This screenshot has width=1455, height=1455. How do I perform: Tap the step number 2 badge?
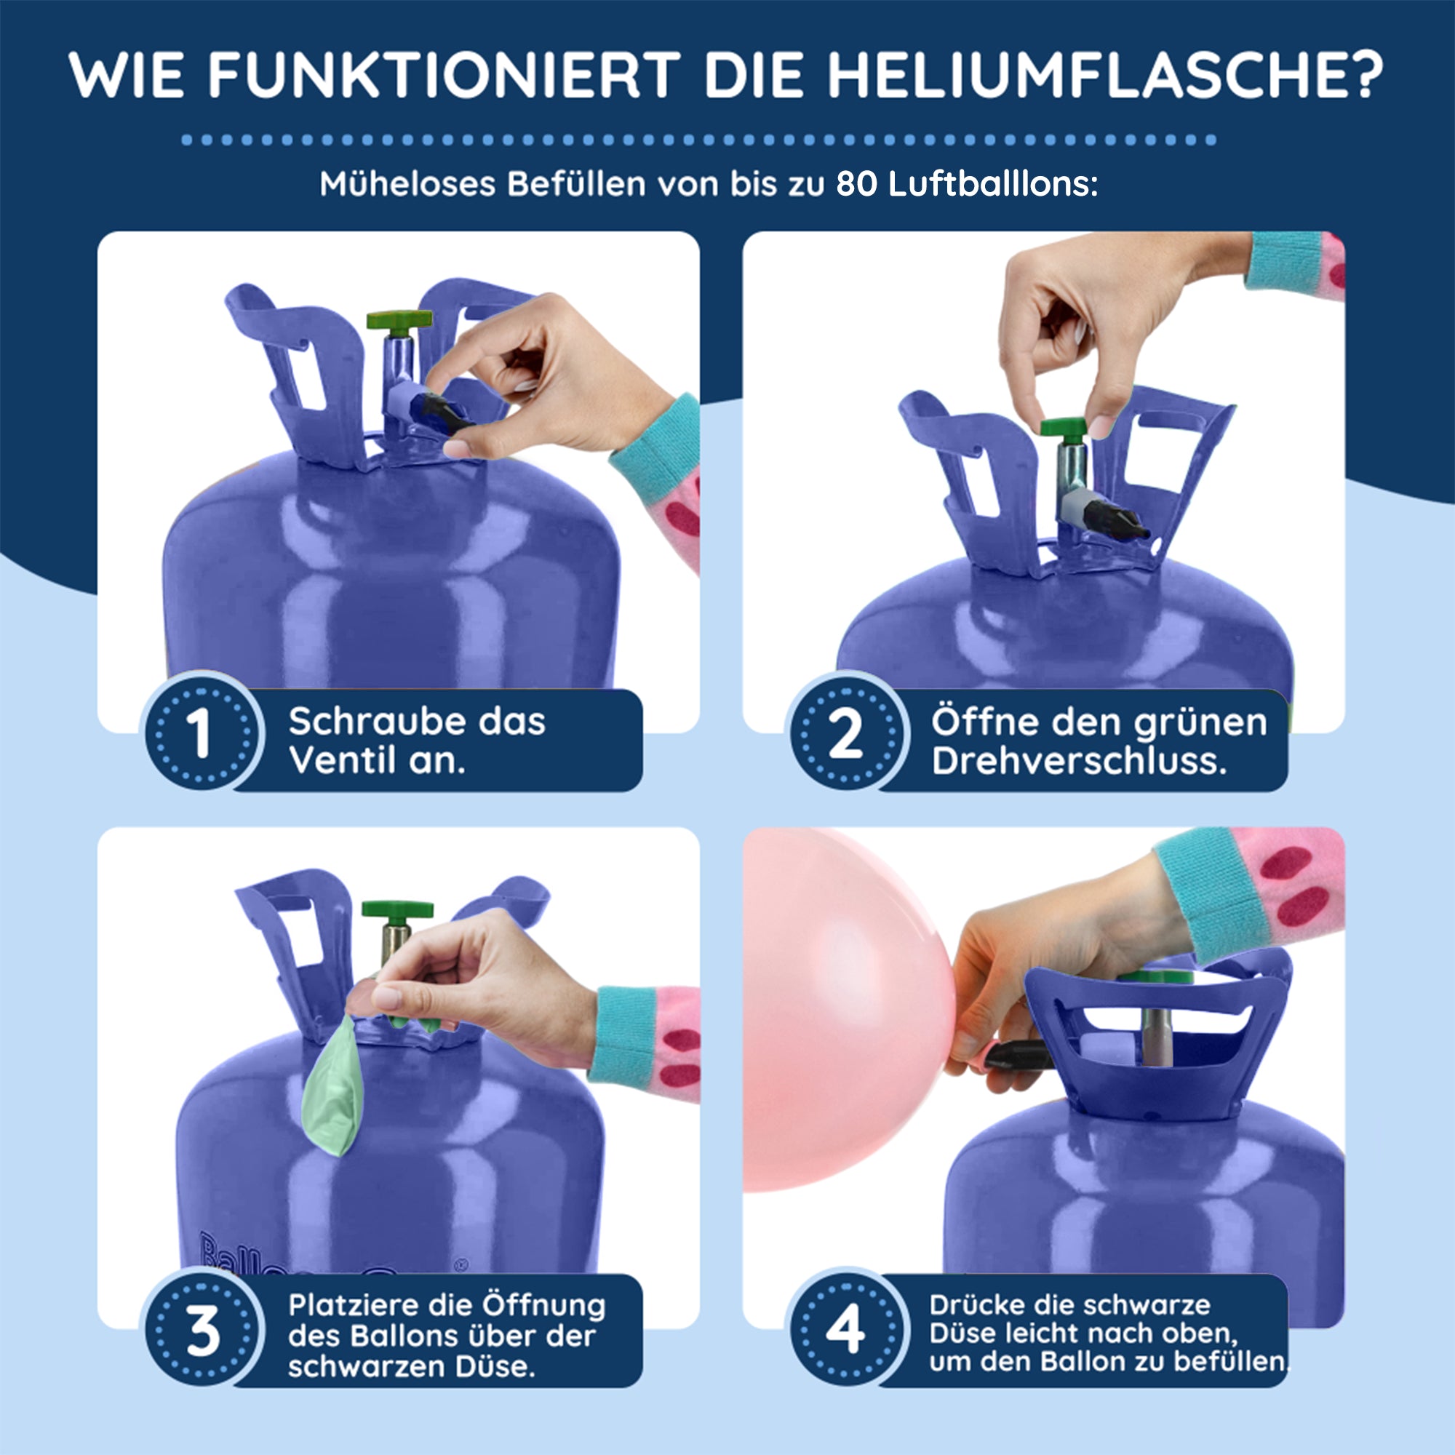[x=846, y=732]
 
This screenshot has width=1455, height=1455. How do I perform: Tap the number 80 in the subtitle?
[x=856, y=185]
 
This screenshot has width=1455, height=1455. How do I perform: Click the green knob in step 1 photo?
[x=399, y=319]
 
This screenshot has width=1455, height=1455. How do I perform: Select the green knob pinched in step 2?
[x=1071, y=428]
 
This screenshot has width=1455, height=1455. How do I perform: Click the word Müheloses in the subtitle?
[x=407, y=185]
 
